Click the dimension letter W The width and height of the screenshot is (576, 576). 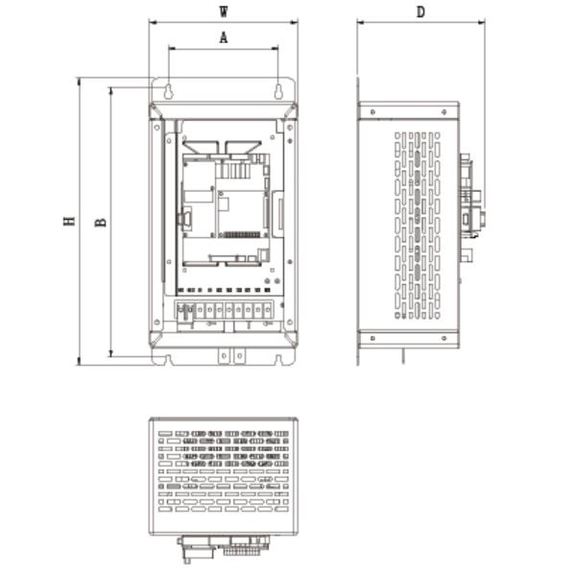tap(224, 12)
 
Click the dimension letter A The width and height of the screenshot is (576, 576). tap(224, 37)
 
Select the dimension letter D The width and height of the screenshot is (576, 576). tap(420, 12)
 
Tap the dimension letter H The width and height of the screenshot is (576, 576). tap(69, 221)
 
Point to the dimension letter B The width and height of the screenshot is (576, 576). tap(101, 223)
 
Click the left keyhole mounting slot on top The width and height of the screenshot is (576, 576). tap(169, 91)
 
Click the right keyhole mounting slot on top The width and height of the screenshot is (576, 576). tap(278, 91)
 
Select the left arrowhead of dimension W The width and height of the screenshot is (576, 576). tap(154, 22)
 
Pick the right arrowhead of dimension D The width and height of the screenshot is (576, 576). tap(481, 22)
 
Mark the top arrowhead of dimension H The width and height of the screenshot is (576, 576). tap(79, 82)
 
